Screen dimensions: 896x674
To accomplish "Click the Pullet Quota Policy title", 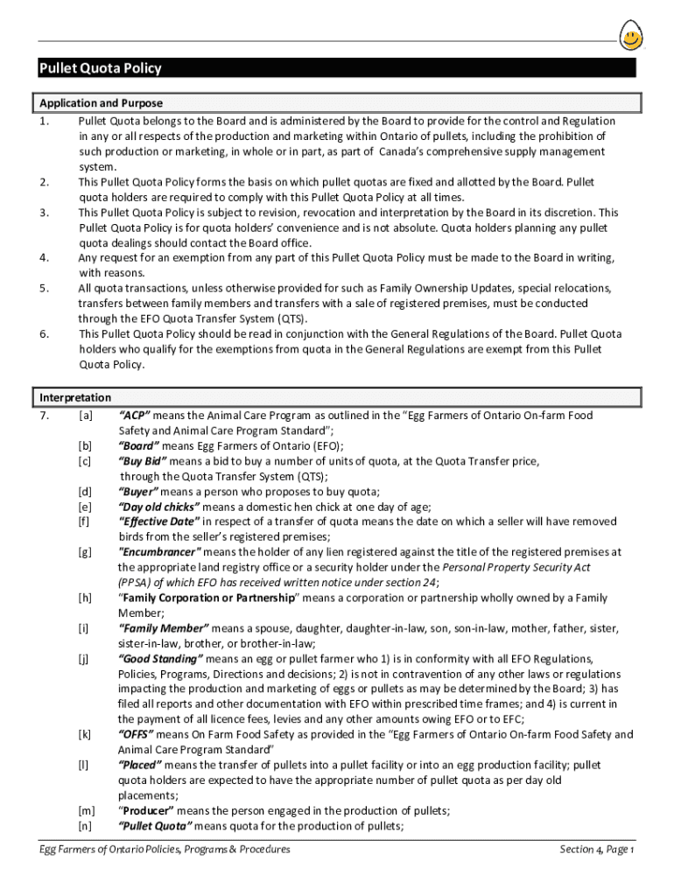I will point(100,69).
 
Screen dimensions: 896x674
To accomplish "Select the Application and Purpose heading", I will point(102,103).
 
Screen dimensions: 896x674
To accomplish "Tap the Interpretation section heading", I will point(75,398).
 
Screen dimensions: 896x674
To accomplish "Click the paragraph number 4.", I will point(43,258).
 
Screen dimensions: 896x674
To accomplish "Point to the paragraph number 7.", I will point(43,415).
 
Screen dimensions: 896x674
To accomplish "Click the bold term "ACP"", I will point(135,415).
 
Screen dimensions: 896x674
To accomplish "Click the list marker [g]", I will point(85,552).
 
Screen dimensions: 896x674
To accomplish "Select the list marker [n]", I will point(85,827).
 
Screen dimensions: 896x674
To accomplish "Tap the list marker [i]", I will point(84,628).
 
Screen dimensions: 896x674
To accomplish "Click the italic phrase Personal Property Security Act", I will point(516,568).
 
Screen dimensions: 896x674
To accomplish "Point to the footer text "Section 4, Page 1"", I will point(597,850).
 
